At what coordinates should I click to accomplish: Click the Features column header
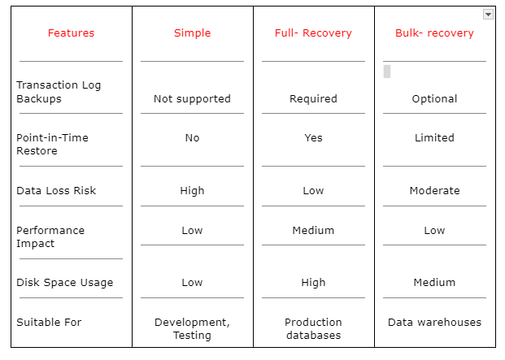coord(71,33)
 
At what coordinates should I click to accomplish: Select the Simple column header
coord(192,33)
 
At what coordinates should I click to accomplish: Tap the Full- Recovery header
coord(313,33)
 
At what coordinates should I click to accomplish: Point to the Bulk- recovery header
coord(434,33)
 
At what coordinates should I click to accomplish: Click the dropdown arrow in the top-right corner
coord(488,15)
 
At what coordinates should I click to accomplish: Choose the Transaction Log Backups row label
coord(59,92)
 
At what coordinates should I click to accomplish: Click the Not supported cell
coord(192,99)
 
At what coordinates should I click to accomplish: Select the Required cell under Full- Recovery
coord(313,99)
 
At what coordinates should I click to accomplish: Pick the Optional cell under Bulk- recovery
coord(434,99)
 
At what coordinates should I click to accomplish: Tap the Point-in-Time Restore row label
coord(52,144)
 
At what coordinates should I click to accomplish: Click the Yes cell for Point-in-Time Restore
coord(313,137)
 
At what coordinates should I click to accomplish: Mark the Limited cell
coord(434,137)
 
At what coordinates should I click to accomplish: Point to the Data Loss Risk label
coord(56,190)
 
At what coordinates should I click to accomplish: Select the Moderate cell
coord(434,190)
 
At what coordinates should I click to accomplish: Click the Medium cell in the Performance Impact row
coord(313,230)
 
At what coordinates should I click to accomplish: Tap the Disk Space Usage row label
coord(65,283)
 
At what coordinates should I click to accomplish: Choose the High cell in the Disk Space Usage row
coord(313,283)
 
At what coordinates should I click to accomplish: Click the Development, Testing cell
coord(192,328)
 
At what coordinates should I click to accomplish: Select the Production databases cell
coord(313,328)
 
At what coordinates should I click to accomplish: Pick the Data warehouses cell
coord(434,322)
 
